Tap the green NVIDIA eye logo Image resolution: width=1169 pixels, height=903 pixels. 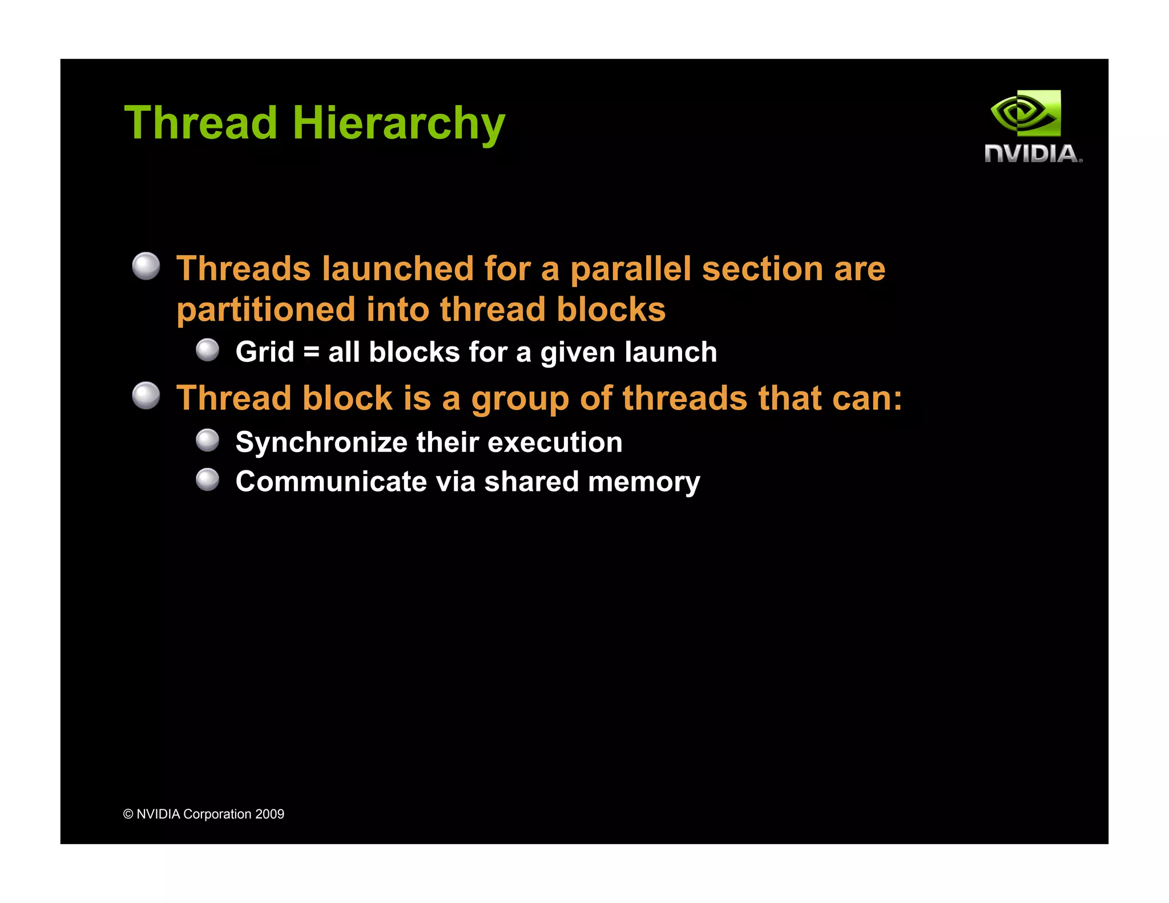(1026, 113)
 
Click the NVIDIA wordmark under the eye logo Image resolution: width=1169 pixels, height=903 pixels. (1032, 154)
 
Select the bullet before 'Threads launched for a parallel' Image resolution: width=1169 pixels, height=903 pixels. (146, 266)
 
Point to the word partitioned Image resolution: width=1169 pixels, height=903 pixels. (266, 310)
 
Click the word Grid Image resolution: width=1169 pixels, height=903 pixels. (265, 352)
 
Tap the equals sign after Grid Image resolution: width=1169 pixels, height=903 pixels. (311, 352)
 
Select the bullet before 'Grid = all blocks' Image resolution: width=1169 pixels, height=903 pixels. (207, 350)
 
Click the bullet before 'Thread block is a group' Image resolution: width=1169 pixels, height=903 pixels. (146, 396)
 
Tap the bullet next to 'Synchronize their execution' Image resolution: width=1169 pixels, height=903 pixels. (207, 441)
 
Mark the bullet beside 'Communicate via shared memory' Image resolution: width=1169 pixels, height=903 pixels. (207, 479)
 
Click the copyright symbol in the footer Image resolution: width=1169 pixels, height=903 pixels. (128, 815)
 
